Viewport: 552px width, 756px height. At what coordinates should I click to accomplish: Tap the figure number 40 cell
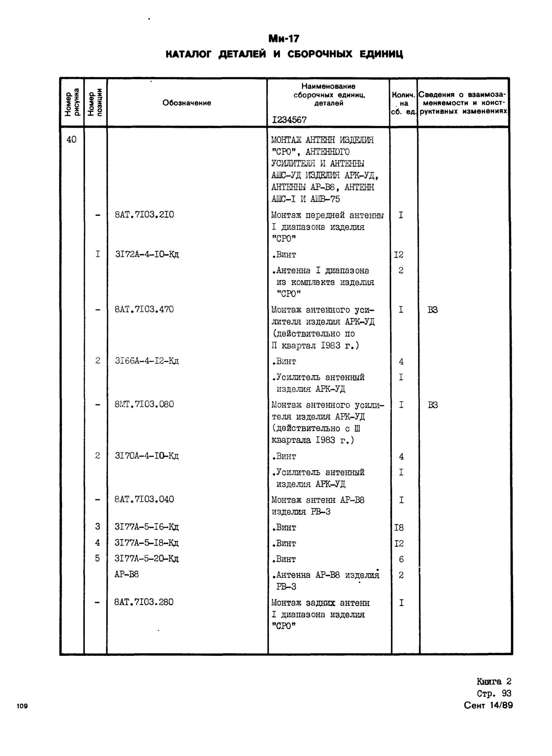[71, 139]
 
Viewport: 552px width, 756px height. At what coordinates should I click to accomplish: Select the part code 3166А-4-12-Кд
[147, 361]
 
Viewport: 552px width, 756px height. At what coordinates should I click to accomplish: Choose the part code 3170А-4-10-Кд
[147, 456]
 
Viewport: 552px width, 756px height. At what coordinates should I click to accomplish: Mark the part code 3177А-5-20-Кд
[147, 559]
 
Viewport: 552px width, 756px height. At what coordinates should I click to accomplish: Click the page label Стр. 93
[494, 694]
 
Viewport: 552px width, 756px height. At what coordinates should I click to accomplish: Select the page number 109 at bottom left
[22, 706]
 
